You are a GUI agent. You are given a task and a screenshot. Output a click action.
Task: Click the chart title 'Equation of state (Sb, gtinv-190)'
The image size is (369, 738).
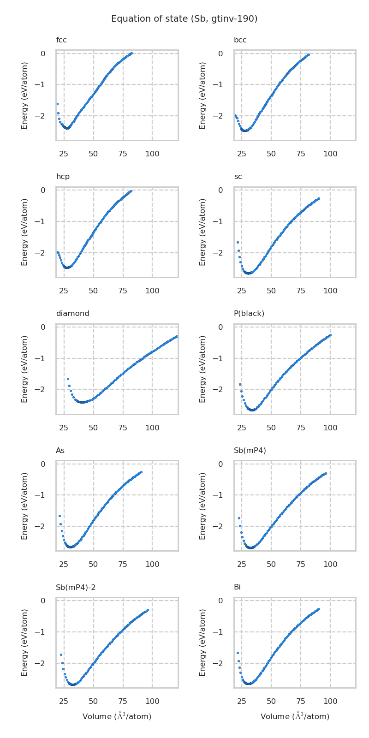click(184, 19)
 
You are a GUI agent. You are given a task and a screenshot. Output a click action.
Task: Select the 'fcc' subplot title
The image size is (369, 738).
click(61, 40)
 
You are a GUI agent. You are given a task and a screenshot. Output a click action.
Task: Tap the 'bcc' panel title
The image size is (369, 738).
click(240, 40)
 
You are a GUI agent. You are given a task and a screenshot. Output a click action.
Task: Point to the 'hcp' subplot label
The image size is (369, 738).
click(63, 177)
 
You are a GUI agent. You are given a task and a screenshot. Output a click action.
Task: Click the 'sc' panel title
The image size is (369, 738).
click(238, 177)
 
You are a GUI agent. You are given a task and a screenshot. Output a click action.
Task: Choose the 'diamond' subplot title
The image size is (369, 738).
click(72, 314)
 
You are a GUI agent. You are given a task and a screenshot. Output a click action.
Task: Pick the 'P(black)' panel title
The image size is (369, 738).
click(249, 314)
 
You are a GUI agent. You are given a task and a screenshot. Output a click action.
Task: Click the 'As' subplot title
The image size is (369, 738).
click(60, 450)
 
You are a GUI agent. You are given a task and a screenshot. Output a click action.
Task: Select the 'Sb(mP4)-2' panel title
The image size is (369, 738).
click(76, 587)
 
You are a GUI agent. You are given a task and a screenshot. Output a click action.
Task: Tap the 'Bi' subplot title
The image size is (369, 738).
click(237, 587)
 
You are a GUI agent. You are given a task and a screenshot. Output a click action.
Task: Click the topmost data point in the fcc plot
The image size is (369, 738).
click(131, 54)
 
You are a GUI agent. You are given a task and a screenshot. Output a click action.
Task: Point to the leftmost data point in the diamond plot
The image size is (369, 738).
click(68, 379)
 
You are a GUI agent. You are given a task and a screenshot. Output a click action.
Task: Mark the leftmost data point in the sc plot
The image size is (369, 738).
click(238, 242)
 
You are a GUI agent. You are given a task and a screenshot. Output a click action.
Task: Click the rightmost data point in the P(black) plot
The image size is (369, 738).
click(330, 335)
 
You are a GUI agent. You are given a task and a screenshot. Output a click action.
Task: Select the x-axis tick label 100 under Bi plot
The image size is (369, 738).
click(330, 702)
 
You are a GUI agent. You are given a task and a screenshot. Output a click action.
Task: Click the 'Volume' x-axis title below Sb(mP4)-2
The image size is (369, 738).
click(117, 716)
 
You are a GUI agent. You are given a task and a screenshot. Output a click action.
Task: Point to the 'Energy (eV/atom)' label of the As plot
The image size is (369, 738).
click(25, 506)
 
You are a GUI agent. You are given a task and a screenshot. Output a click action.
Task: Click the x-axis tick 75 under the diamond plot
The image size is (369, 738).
click(123, 428)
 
